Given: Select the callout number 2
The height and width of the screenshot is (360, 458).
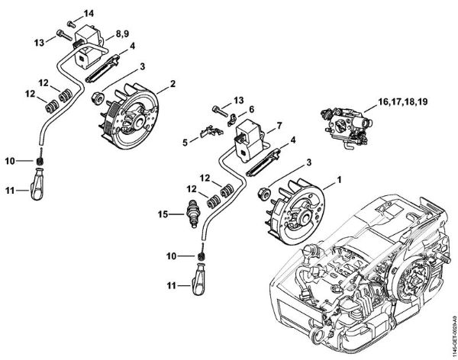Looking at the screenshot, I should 173,82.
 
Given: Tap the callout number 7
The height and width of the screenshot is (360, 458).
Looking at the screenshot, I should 279,124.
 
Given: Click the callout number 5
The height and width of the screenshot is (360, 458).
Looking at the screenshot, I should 185,140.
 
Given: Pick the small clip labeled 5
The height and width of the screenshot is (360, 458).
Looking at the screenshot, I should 204,133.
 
